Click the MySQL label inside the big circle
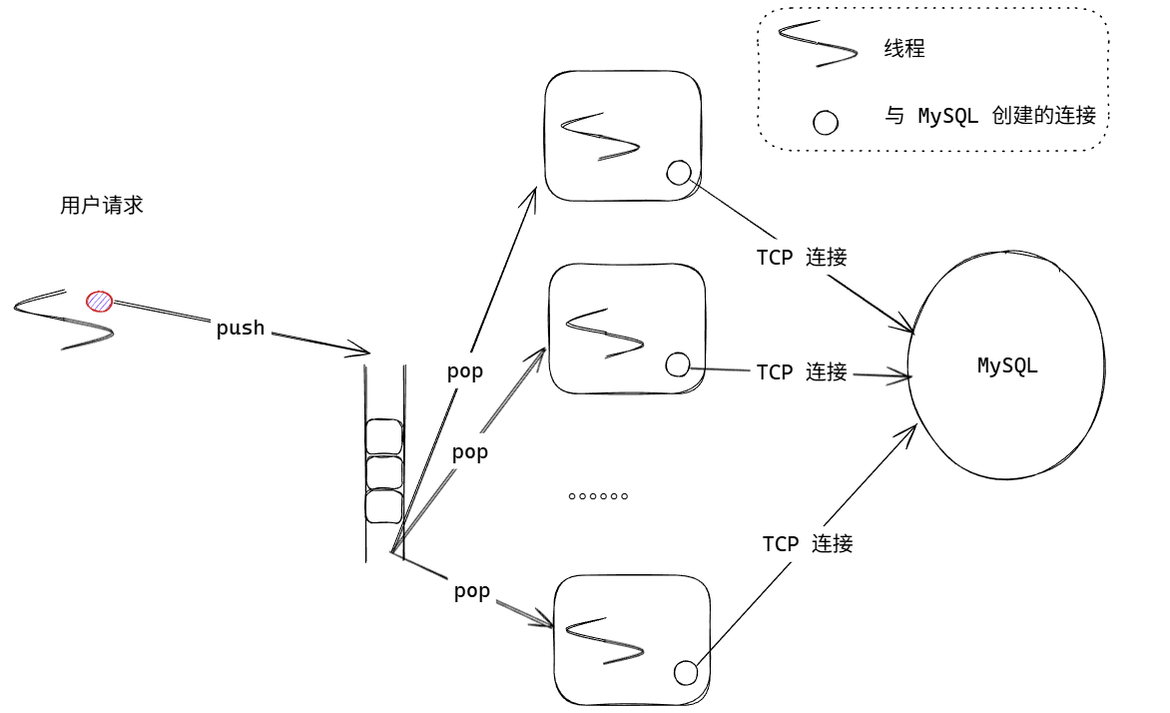(1007, 365)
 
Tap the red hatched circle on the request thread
(99, 301)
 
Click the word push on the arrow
(241, 328)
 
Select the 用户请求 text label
(102, 206)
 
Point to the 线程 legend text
(904, 48)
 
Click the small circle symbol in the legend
(826, 123)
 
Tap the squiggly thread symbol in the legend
(818, 45)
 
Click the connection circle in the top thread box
(679, 173)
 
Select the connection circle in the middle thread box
(678, 364)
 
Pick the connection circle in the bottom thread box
(686, 673)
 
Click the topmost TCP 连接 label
(802, 257)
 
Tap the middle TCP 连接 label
(802, 372)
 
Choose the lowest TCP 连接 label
(808, 543)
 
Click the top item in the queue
(384, 436)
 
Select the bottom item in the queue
(384, 506)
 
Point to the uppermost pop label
(465, 371)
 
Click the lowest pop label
(472, 590)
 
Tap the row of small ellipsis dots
(598, 496)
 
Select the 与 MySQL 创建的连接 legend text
(990, 116)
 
